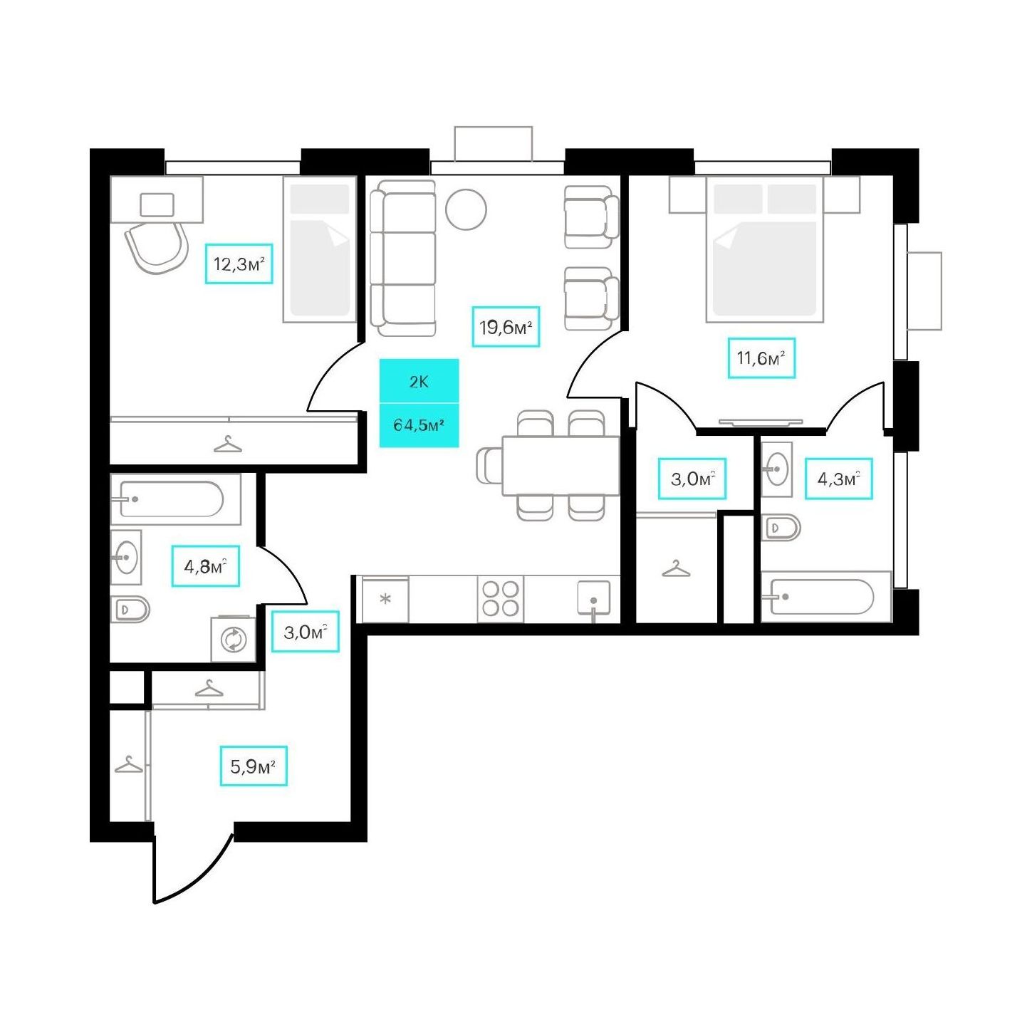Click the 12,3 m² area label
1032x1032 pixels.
(x=239, y=264)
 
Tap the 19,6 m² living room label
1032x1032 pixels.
(x=505, y=327)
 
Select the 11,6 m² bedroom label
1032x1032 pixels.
(x=761, y=358)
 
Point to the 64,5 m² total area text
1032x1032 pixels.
(x=419, y=425)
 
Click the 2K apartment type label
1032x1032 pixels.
(x=419, y=382)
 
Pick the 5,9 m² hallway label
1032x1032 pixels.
(x=254, y=766)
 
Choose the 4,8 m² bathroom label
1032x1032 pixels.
(x=205, y=566)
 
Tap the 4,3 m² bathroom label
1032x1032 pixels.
(x=838, y=479)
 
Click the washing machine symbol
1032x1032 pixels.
(x=234, y=640)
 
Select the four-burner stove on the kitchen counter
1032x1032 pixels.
(x=500, y=599)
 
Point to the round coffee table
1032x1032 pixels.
(x=466, y=209)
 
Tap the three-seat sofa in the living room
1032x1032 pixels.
(x=402, y=259)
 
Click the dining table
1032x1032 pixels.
(x=561, y=465)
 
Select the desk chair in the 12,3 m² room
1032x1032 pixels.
(x=157, y=248)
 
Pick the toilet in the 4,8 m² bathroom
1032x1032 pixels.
(x=130, y=609)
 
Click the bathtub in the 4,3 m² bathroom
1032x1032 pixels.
(x=826, y=597)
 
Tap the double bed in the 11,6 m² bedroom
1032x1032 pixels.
(x=764, y=249)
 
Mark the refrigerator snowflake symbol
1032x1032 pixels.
(x=385, y=599)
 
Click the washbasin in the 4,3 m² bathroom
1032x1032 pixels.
(x=776, y=469)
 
